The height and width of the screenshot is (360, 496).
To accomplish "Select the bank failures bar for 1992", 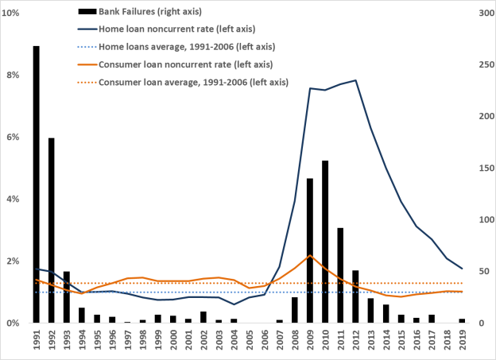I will (x=52, y=230).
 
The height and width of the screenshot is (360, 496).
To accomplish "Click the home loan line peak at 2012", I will (x=355, y=80).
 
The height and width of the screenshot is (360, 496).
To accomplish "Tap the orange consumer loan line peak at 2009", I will (x=310, y=255).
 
